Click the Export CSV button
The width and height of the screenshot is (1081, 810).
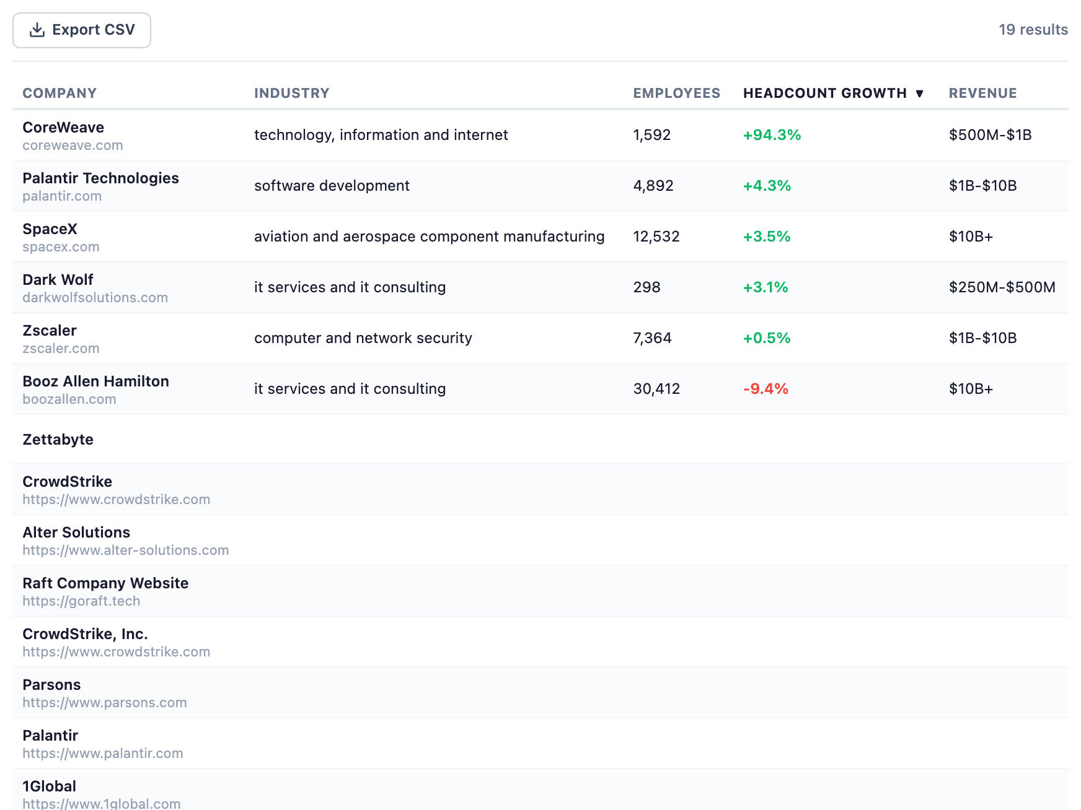(x=82, y=30)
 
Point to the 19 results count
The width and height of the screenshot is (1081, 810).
(x=1033, y=30)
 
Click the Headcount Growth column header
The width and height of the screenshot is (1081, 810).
(x=824, y=94)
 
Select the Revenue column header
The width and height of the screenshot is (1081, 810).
(x=982, y=94)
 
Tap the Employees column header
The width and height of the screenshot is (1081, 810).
(x=676, y=94)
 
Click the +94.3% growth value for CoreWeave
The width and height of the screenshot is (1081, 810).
(x=772, y=135)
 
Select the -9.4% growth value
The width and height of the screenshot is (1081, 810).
(x=766, y=389)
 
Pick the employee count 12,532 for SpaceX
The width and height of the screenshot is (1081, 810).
(x=656, y=237)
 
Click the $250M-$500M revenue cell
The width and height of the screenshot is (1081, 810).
(x=1002, y=287)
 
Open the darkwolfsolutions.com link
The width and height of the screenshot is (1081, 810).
(x=95, y=298)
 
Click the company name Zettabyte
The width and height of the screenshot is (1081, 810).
(x=58, y=440)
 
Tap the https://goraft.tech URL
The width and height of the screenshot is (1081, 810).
(x=81, y=601)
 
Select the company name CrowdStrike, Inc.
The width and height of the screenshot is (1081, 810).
(x=85, y=634)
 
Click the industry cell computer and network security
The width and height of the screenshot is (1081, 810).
(x=363, y=338)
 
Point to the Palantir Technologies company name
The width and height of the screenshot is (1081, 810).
(x=100, y=178)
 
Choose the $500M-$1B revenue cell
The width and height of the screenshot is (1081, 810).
(x=990, y=135)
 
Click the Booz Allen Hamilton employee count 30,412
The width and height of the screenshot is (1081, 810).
(x=656, y=389)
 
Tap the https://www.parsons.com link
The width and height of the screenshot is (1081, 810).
(x=104, y=703)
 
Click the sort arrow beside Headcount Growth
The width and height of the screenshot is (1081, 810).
(x=919, y=94)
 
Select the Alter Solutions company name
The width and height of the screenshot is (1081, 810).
(x=76, y=533)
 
